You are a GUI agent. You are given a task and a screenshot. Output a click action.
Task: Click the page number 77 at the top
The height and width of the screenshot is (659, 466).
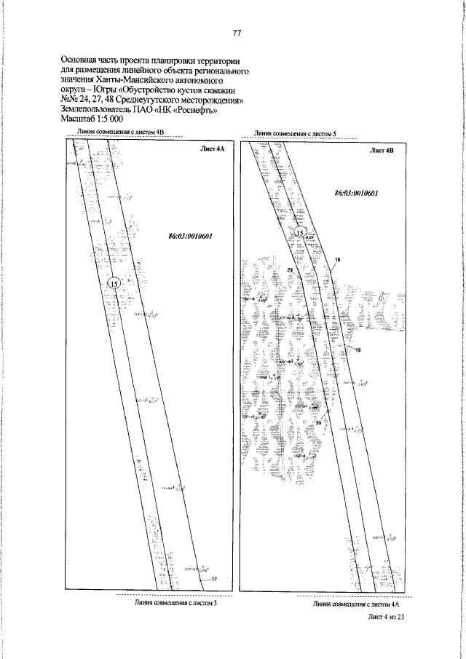[237, 32]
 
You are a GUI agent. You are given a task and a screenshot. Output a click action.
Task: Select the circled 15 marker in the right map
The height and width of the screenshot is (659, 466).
[302, 232]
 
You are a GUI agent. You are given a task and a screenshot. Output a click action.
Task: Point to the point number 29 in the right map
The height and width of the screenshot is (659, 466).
[290, 271]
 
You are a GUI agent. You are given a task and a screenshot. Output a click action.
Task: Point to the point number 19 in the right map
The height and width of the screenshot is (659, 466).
[337, 261]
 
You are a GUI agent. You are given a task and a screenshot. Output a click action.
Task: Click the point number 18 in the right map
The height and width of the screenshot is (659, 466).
[358, 350]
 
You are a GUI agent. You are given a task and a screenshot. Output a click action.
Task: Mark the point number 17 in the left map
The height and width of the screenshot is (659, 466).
[214, 579]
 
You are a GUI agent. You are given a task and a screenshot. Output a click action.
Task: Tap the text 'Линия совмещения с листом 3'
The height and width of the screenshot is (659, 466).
[175, 603]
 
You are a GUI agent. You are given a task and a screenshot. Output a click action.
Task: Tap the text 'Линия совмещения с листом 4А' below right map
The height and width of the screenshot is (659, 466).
[357, 604]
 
